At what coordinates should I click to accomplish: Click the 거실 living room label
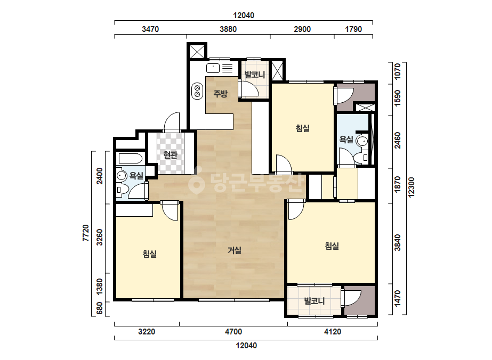(x=235, y=250)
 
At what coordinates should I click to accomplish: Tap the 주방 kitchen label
(x=220, y=93)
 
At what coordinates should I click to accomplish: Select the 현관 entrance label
(x=171, y=154)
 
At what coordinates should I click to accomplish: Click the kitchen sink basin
(x=213, y=68)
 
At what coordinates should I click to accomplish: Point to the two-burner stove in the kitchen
(x=197, y=91)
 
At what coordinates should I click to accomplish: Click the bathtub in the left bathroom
(x=130, y=159)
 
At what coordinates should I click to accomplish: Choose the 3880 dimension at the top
(x=228, y=29)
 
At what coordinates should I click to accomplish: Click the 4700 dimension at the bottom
(x=233, y=332)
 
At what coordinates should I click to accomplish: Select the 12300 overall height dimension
(x=412, y=187)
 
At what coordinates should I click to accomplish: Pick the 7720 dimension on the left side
(x=86, y=233)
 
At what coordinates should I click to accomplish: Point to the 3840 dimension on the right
(x=398, y=242)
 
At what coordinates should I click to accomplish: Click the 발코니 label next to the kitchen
(x=255, y=75)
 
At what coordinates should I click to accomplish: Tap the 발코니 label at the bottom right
(x=314, y=301)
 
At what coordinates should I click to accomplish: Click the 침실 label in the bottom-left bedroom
(x=150, y=253)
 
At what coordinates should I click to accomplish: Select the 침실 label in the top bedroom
(x=303, y=128)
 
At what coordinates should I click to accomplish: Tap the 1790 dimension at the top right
(x=353, y=29)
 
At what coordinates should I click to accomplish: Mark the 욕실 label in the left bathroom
(x=136, y=176)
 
